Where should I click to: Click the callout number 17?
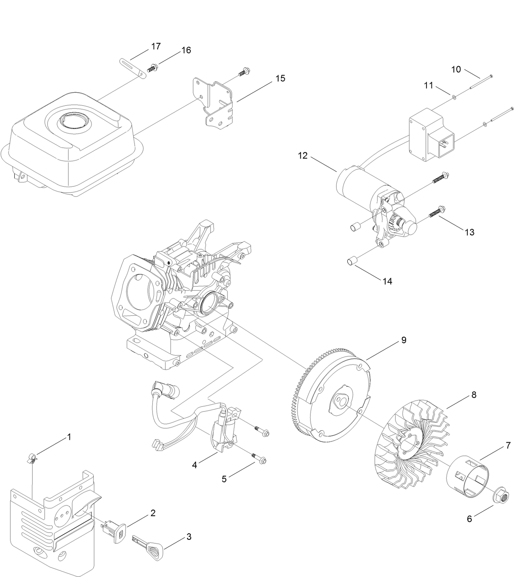pos(156,47)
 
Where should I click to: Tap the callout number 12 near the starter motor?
pos(303,156)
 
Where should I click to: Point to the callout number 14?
pos(387,281)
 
